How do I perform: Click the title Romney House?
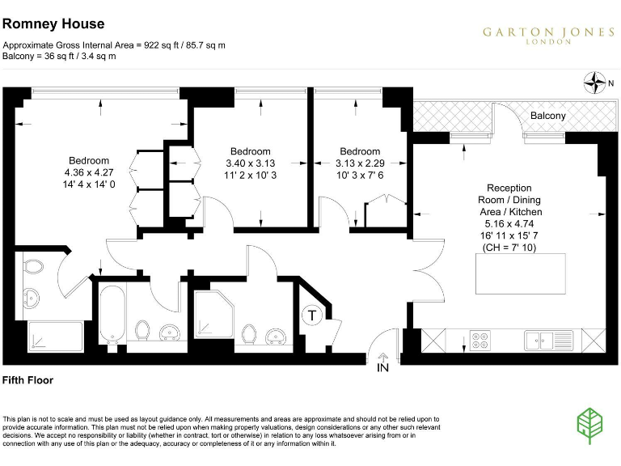click(53, 25)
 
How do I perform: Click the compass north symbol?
click(596, 81)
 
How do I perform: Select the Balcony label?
click(548, 116)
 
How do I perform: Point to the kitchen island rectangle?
click(520, 274)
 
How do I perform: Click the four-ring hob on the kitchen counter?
click(479, 340)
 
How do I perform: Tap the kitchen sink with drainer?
click(543, 340)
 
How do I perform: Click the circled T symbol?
click(312, 316)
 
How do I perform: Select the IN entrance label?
click(382, 368)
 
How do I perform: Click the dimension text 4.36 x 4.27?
click(88, 172)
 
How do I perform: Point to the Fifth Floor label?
click(28, 379)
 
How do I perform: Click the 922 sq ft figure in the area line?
click(162, 45)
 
